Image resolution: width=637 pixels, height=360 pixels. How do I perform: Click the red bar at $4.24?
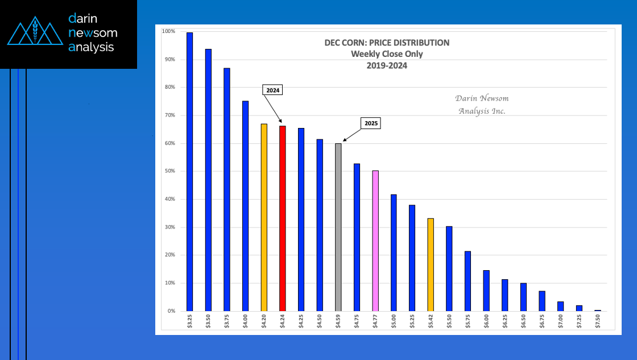[283, 218]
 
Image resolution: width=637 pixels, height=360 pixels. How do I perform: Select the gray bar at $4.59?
[338, 227]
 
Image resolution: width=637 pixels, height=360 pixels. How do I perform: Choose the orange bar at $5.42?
[431, 264]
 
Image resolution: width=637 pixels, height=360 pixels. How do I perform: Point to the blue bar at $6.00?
[486, 291]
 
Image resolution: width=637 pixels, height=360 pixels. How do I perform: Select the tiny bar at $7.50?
[597, 311]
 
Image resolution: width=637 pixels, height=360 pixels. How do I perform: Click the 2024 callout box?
[272, 90]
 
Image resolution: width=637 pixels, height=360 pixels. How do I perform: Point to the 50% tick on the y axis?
[171, 171]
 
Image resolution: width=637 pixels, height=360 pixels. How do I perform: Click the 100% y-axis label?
[169, 31]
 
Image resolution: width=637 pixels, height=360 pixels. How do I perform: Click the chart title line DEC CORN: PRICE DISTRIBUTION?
[386, 43]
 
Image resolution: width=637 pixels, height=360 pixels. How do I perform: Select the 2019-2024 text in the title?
[387, 65]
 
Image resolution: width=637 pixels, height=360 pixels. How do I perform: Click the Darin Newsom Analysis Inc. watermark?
[482, 104]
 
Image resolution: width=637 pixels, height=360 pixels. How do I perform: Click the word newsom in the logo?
[93, 33]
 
